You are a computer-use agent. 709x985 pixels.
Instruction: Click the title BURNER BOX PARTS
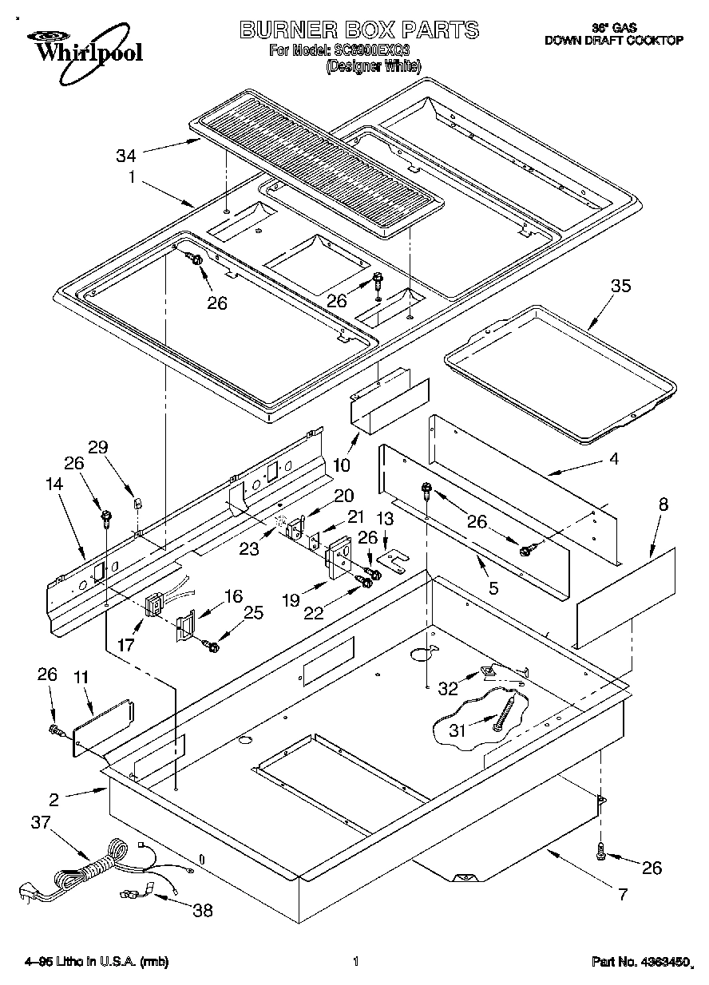359,30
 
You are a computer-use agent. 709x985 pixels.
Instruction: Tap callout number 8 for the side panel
663,504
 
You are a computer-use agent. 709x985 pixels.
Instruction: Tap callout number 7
623,893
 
